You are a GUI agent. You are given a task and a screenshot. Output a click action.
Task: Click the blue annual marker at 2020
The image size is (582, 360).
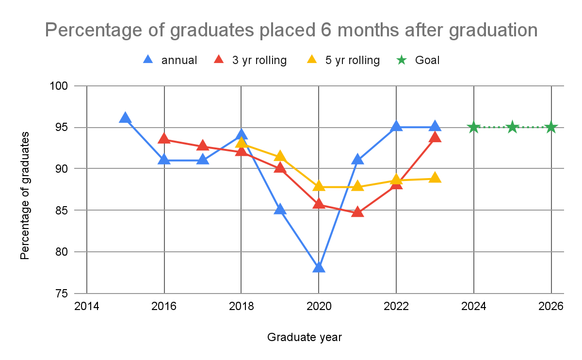[x=319, y=267]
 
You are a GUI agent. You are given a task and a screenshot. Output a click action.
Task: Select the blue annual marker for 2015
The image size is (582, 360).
[x=125, y=118]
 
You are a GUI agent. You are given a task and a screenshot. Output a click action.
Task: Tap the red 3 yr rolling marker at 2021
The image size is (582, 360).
[x=357, y=212]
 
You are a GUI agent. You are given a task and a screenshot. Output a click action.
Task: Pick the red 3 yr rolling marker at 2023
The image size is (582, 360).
[x=435, y=137]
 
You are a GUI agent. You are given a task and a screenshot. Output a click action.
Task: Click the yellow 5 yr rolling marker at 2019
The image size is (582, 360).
[x=280, y=157]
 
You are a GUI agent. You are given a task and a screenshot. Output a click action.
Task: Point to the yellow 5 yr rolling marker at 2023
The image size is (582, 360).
[x=435, y=178]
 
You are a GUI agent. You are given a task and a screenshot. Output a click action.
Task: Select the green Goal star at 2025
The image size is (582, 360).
[x=512, y=128]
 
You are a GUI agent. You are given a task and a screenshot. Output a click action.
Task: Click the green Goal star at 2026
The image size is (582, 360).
[x=551, y=128]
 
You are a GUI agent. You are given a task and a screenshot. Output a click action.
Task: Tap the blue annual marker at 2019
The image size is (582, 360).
[x=280, y=210]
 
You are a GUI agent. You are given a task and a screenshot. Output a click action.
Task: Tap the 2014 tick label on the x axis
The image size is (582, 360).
[x=87, y=307]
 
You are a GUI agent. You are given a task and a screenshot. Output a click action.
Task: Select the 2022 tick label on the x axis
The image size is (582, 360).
[x=396, y=307]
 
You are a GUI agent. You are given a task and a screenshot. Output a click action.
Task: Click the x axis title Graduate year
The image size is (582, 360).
[x=304, y=337]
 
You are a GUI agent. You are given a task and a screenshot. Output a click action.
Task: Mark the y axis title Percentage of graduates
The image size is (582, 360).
[x=25, y=195]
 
